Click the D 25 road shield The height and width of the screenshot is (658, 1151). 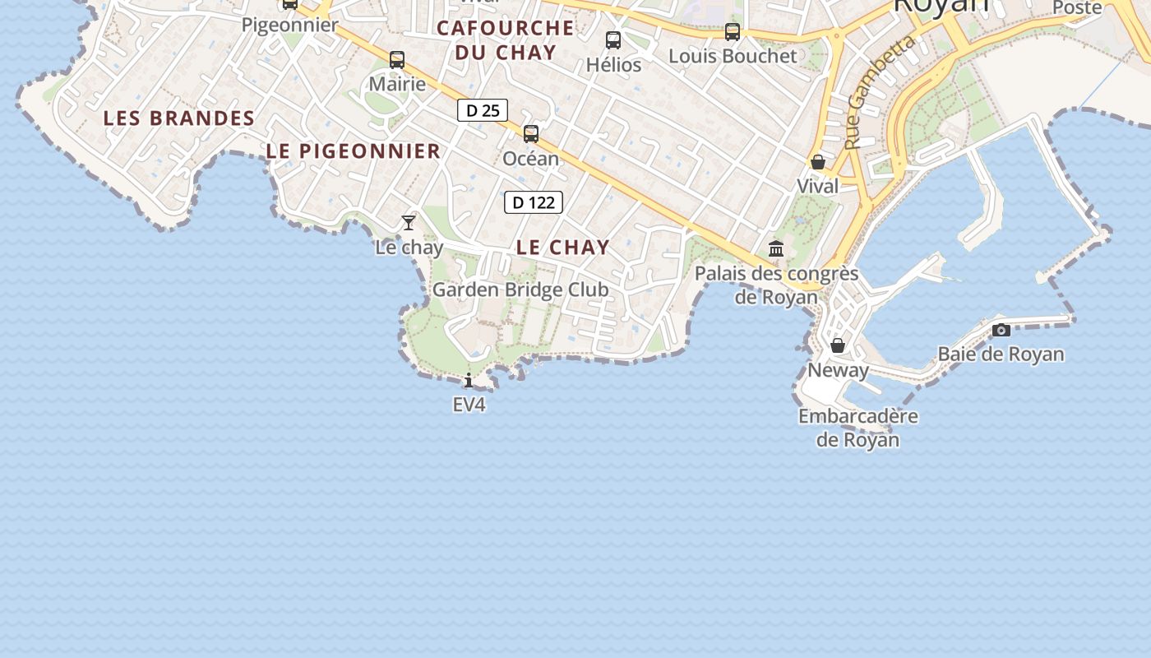point(483,110)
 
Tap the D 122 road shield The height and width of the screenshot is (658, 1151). point(534,202)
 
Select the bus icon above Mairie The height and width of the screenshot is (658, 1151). point(397,60)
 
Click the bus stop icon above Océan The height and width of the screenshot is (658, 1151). point(531,134)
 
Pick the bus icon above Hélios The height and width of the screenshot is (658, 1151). point(613,40)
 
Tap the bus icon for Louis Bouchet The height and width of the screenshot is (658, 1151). point(733,32)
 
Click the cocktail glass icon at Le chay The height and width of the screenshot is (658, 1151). point(409,223)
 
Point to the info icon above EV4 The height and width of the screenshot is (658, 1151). point(469,380)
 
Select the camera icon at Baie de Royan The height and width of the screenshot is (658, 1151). point(1001,330)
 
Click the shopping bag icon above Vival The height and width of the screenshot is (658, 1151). point(818,162)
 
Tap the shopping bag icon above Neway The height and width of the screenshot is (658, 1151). point(838,345)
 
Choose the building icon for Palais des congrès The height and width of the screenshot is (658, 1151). point(776,248)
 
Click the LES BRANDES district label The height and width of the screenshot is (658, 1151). point(179,118)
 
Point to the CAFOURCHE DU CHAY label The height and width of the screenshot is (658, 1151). point(505,39)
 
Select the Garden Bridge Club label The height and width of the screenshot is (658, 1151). point(520,290)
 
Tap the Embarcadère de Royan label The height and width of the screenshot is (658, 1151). point(858,428)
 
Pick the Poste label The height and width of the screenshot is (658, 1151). point(1077,7)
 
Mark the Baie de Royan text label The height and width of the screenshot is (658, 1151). point(1001,354)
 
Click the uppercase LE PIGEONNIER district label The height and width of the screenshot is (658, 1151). point(354,151)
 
